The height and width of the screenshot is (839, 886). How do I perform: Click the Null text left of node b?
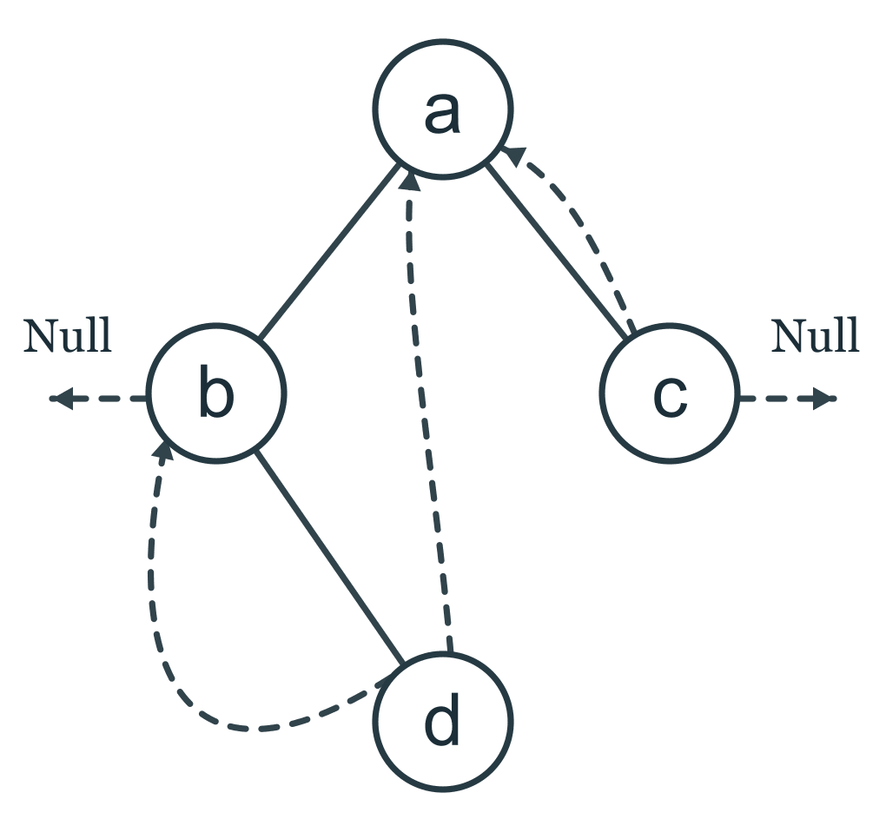point(68,336)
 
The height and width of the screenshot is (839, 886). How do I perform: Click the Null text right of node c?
point(816,336)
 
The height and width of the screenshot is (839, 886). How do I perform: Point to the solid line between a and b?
point(329,251)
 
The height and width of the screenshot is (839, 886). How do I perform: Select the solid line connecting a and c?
point(557,251)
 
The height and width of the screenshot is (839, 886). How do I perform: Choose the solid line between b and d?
point(329,557)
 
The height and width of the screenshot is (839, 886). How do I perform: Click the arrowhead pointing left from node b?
point(62,399)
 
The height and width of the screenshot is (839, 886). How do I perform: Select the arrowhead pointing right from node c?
point(824,399)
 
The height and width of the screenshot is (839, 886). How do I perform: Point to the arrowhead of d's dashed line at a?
point(410,182)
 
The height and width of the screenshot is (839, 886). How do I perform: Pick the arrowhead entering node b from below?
point(163,451)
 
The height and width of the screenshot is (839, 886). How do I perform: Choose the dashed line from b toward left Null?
point(98,399)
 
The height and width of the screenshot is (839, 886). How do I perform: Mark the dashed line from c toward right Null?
point(788,399)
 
